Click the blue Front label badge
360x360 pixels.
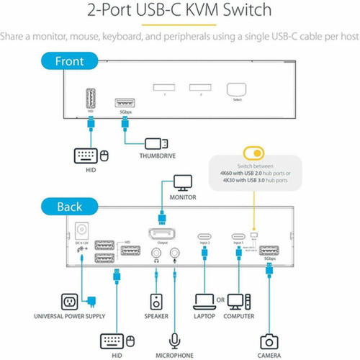point(70,62)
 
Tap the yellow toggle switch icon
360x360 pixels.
point(254,153)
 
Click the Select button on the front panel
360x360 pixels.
point(235,90)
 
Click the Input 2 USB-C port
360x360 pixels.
point(204,236)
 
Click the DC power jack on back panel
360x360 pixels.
point(81,231)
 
